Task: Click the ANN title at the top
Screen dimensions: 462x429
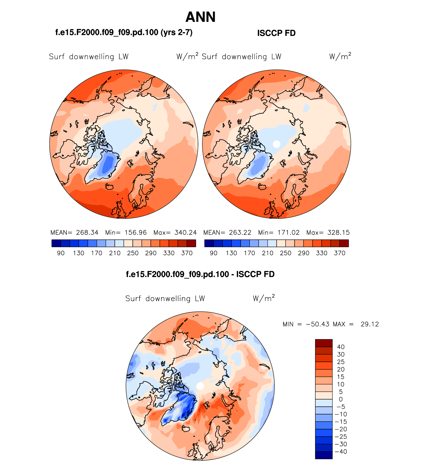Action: click(x=200, y=17)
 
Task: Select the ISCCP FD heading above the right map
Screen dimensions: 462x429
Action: click(x=276, y=33)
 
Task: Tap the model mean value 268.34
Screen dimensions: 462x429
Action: click(x=87, y=233)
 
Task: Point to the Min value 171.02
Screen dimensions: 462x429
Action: click(x=289, y=233)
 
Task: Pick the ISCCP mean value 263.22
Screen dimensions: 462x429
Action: click(x=240, y=233)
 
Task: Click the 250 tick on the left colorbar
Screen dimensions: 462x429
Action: click(x=133, y=253)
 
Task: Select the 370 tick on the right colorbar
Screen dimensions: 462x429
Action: click(x=340, y=253)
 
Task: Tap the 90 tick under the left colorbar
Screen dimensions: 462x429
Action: click(x=61, y=253)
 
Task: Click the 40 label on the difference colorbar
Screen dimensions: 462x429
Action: click(x=341, y=347)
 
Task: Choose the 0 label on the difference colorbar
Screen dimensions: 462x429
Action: click(x=341, y=399)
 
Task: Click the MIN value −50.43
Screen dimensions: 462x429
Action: click(x=318, y=324)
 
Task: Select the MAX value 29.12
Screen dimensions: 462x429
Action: click(x=370, y=324)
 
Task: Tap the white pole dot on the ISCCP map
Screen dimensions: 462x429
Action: click(x=276, y=144)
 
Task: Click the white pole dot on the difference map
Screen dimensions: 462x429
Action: click(x=200, y=386)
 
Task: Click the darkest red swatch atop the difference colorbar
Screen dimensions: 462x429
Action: click(x=324, y=343)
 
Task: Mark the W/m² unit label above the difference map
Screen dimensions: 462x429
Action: click(x=264, y=298)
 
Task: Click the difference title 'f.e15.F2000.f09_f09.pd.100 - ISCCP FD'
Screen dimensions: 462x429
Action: click(x=200, y=274)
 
